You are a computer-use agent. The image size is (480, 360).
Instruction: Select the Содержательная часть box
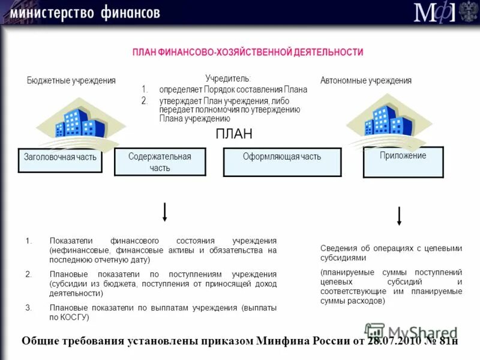(x=160, y=162)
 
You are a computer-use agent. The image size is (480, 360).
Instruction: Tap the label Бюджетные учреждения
(x=71, y=80)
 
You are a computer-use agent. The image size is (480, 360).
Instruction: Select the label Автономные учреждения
(x=366, y=80)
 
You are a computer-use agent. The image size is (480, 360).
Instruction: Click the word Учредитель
(x=228, y=79)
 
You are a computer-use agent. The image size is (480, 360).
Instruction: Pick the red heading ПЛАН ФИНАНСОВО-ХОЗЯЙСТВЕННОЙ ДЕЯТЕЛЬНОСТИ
(x=248, y=52)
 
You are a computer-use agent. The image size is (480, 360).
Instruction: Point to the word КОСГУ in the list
(x=75, y=317)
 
